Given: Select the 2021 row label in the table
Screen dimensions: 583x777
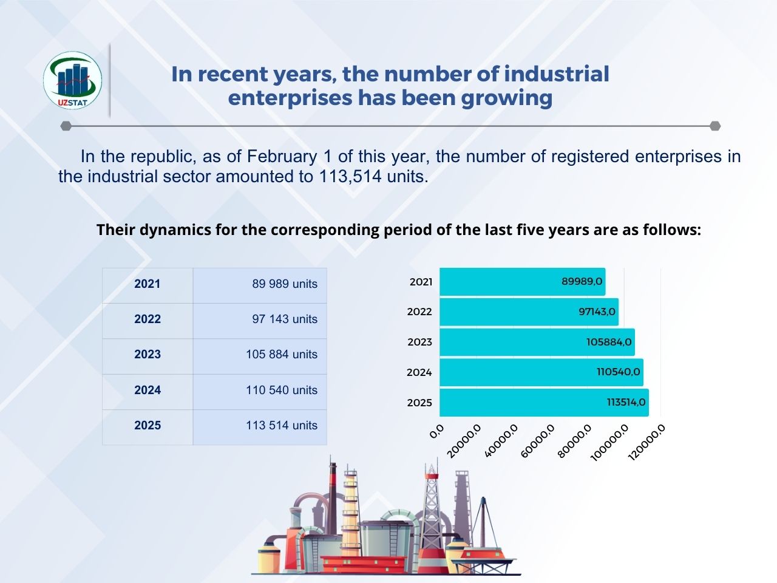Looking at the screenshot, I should coord(148,284).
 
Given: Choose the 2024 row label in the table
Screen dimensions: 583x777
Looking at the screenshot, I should coord(148,390).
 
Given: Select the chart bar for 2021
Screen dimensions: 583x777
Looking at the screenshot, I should coord(522,282).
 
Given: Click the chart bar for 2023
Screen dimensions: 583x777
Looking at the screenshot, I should coord(537,342).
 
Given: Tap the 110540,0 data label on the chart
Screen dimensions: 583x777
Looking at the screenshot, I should coord(618,372).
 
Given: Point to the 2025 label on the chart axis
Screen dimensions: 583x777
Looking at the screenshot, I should coord(419,403).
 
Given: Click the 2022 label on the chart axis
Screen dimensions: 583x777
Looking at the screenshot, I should coord(419,312).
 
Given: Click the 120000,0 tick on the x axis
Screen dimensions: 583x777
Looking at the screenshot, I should coord(648,441).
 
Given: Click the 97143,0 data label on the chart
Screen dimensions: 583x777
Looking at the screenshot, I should coord(597,312).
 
